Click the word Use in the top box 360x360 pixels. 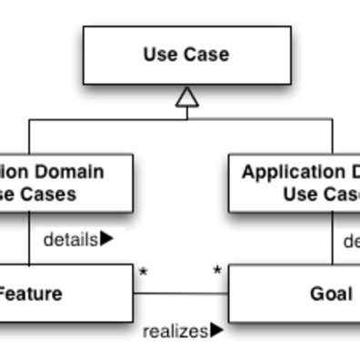(158, 55)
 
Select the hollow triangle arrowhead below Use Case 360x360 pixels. (187, 97)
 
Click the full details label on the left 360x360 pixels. (70, 239)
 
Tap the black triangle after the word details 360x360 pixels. (107, 238)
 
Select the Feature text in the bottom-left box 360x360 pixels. (30, 294)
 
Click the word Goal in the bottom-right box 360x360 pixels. (331, 294)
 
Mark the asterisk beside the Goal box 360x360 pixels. (217, 272)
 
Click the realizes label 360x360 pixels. (175, 332)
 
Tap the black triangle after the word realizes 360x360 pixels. (216, 330)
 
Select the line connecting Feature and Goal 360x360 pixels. (180, 294)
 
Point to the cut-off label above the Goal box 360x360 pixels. (351, 242)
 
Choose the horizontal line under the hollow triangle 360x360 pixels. (109, 119)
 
